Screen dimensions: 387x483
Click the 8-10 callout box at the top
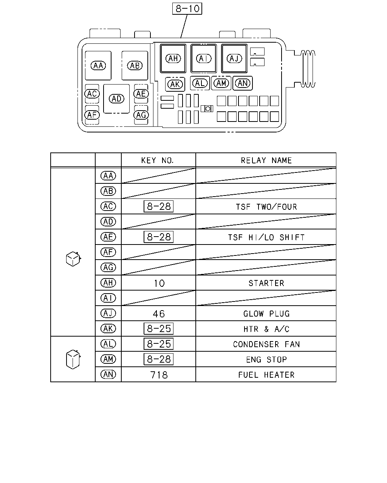[x=187, y=9]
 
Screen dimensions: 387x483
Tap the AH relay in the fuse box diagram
[x=173, y=58]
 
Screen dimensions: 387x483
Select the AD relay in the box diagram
[x=116, y=98]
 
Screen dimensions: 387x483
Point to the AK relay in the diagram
[x=175, y=85]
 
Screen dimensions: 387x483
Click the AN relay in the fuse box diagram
[x=243, y=83]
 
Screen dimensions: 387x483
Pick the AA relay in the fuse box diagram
[x=98, y=66]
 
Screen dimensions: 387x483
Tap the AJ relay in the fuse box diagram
[x=234, y=58]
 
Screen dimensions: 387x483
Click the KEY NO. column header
[x=158, y=160]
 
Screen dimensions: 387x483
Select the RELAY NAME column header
[x=266, y=160]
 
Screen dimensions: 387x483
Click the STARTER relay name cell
[x=266, y=283]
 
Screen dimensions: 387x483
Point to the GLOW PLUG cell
[x=266, y=314]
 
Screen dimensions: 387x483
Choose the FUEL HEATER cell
[x=266, y=375]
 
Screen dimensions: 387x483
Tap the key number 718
[x=159, y=375]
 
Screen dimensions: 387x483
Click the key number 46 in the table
[x=159, y=314]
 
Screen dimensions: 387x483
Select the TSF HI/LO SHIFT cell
[x=266, y=237]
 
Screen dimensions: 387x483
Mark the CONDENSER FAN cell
[x=266, y=344]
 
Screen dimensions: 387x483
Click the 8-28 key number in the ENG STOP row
[x=158, y=359]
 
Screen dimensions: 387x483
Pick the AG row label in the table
[x=108, y=267]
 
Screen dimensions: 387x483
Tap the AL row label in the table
[x=108, y=344]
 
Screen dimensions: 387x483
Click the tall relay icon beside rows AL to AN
[x=73, y=359]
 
